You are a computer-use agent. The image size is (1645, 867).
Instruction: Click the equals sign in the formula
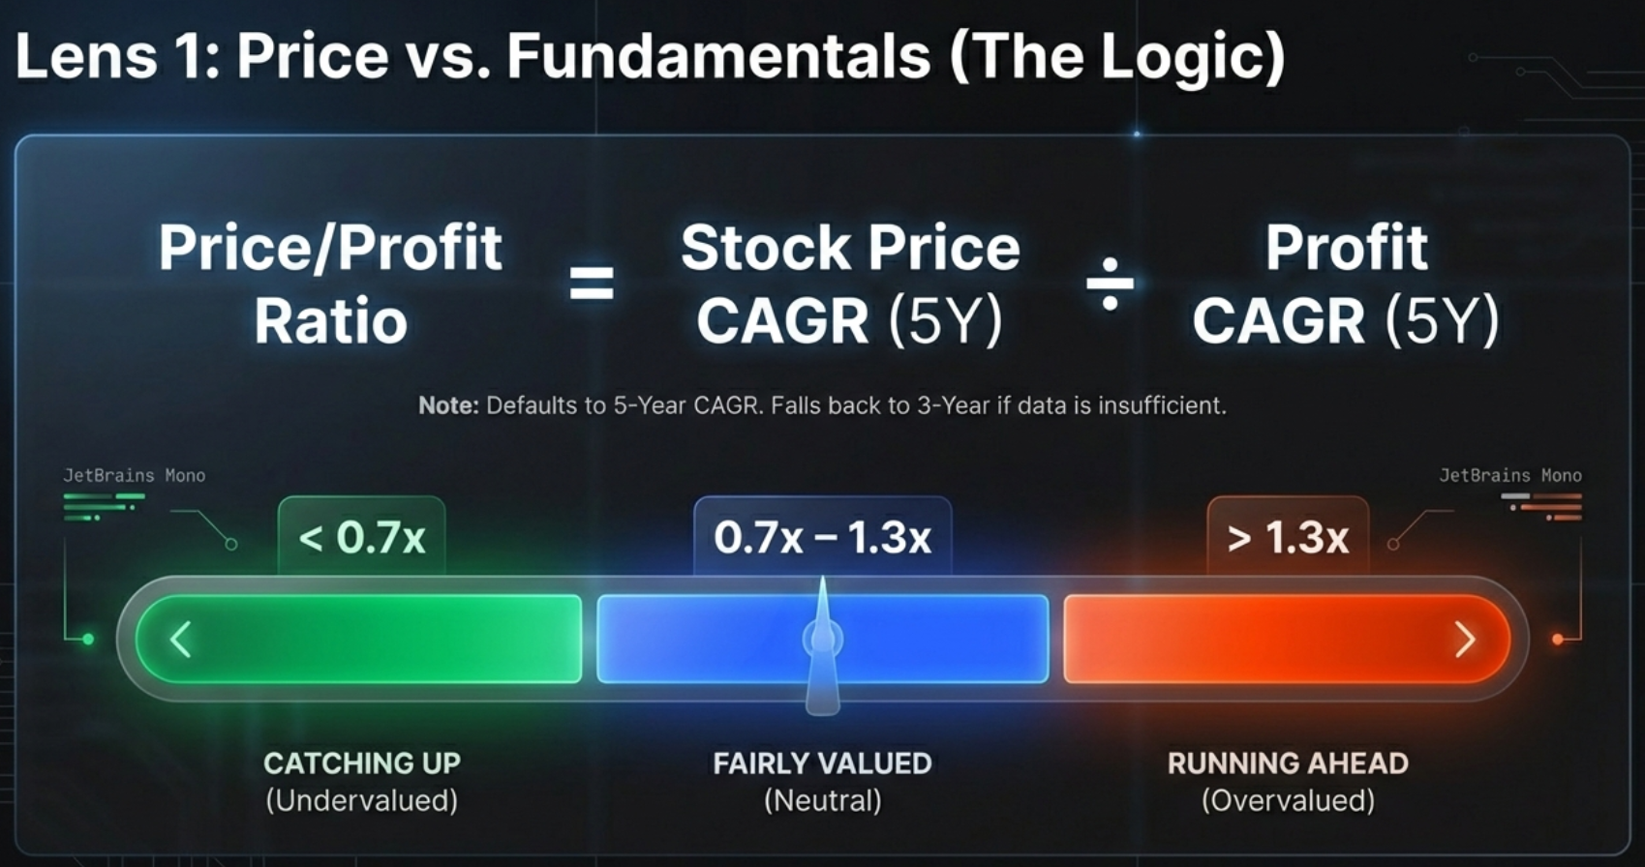[x=591, y=284]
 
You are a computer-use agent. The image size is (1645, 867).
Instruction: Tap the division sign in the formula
[x=1110, y=284]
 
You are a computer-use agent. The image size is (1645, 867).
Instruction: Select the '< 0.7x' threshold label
[x=362, y=538]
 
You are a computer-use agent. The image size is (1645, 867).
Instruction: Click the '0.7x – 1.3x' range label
[x=822, y=538]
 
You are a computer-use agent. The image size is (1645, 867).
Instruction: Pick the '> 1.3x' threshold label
[x=1288, y=538]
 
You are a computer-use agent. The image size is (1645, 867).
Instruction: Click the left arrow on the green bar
[x=181, y=640]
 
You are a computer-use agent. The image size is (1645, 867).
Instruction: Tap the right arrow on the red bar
[x=1465, y=640]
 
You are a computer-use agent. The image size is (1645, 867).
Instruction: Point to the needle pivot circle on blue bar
[x=822, y=639]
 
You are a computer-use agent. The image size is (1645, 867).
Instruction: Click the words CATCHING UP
[x=362, y=763]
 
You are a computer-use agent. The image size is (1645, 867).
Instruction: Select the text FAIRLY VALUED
[x=822, y=763]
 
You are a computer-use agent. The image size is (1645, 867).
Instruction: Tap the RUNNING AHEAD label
[x=1288, y=763]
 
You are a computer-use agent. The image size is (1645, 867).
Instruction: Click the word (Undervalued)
[x=362, y=801]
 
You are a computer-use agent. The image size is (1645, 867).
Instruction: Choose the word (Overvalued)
[x=1288, y=801]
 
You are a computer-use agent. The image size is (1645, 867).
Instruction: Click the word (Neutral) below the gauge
[x=822, y=801]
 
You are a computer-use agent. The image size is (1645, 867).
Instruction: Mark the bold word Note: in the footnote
[x=448, y=405]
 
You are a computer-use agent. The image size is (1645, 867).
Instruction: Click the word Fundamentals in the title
[x=718, y=56]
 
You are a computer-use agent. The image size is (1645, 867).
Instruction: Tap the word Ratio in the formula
[x=331, y=322]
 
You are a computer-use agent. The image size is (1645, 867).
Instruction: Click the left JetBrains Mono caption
[x=134, y=475]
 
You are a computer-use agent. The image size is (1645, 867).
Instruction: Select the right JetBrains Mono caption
[x=1509, y=475]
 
